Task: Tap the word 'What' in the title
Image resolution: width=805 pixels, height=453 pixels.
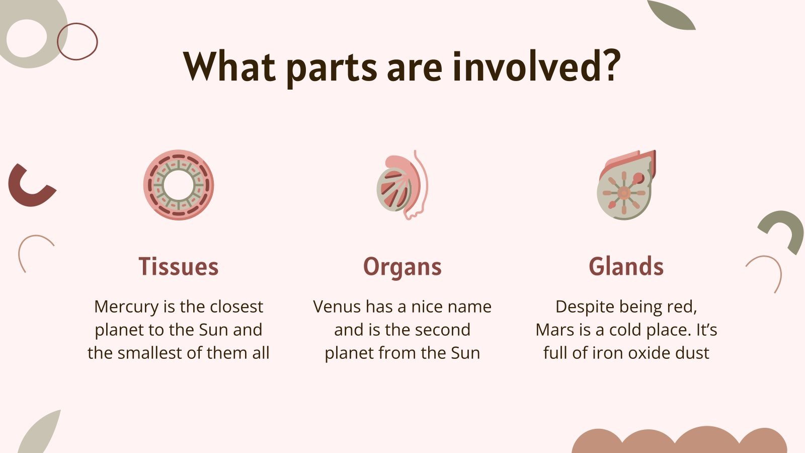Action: [x=229, y=67]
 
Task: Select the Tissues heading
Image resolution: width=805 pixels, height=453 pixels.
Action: [x=179, y=266]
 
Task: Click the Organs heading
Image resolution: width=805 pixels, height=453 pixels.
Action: [x=402, y=267]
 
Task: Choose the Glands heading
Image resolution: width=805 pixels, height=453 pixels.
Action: [x=626, y=266]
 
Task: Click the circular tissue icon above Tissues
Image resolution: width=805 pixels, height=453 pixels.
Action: [x=179, y=185]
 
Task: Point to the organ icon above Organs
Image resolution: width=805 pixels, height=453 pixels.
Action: [x=401, y=185]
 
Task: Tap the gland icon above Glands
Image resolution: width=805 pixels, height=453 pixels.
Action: [x=626, y=185]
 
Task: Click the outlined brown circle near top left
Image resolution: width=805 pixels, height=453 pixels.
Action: [x=77, y=41]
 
